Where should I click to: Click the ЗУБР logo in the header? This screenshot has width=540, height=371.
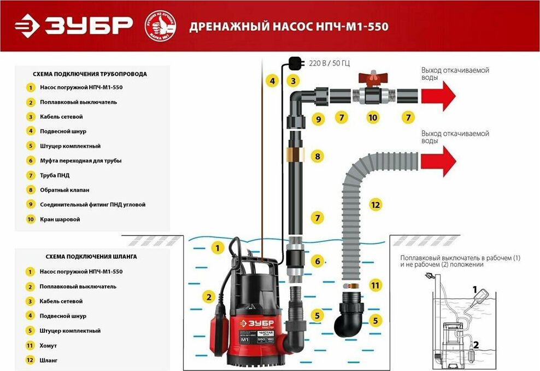74,25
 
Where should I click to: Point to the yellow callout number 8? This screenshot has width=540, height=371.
316,156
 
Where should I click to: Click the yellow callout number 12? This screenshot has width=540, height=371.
375,205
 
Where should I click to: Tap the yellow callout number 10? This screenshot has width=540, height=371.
373,117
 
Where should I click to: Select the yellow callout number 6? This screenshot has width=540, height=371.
317,261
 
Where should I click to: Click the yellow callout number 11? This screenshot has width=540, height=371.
375,285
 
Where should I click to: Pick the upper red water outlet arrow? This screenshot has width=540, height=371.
438,96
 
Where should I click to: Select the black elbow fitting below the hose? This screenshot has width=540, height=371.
350,315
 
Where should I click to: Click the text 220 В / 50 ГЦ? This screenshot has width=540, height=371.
329,63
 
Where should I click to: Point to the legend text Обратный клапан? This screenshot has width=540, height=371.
64,190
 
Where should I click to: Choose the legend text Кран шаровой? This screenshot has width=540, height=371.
60,219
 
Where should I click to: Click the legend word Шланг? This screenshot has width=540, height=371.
49,361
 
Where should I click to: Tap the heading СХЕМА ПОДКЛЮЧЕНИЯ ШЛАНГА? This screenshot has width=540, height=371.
85,256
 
